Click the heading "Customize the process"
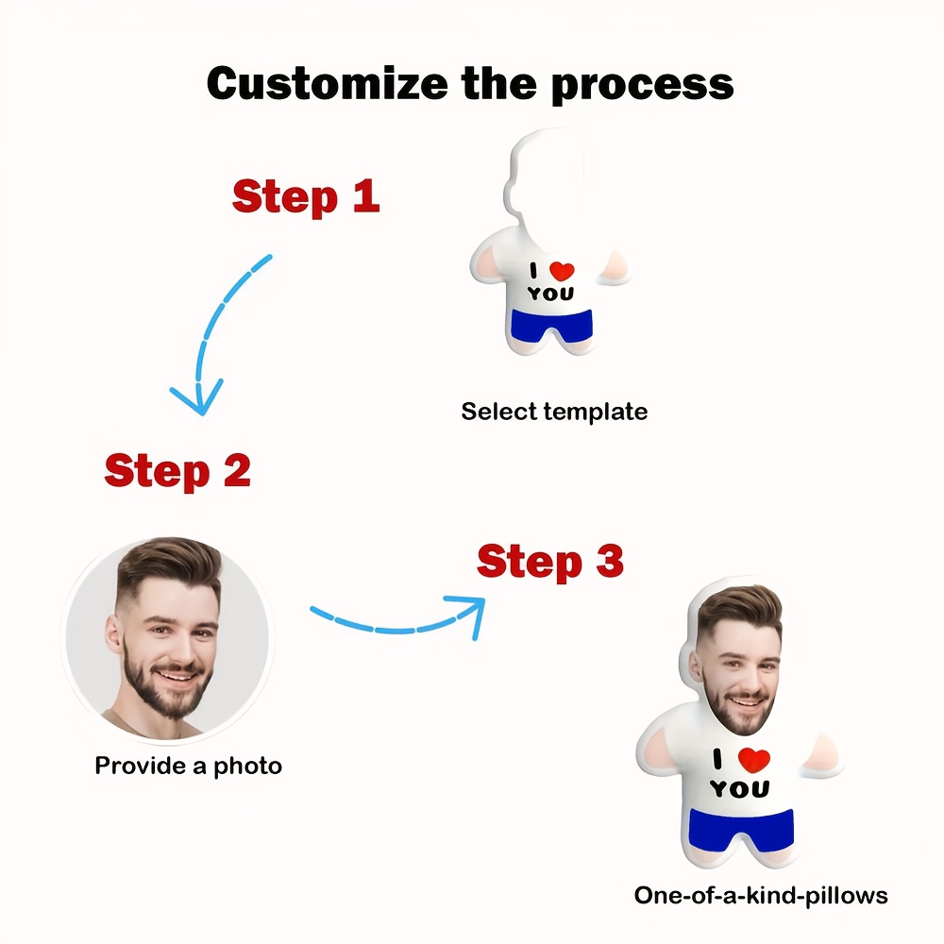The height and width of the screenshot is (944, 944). [x=470, y=83]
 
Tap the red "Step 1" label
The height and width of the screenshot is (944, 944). [x=306, y=196]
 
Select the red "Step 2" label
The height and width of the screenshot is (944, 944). [x=177, y=470]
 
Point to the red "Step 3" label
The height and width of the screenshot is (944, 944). [x=550, y=562]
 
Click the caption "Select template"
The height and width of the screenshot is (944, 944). [x=554, y=412]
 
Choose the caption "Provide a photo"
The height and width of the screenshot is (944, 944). [x=188, y=765]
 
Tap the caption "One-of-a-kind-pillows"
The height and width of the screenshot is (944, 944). [x=761, y=894]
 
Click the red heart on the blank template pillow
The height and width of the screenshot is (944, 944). [x=562, y=271]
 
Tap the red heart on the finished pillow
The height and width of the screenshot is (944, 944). [x=754, y=758]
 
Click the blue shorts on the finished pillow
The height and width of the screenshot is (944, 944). [x=740, y=828]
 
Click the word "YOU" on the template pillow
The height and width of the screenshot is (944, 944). [x=550, y=294]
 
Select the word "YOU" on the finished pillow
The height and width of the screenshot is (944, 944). [x=739, y=788]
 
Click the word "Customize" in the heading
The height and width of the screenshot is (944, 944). [x=327, y=83]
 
